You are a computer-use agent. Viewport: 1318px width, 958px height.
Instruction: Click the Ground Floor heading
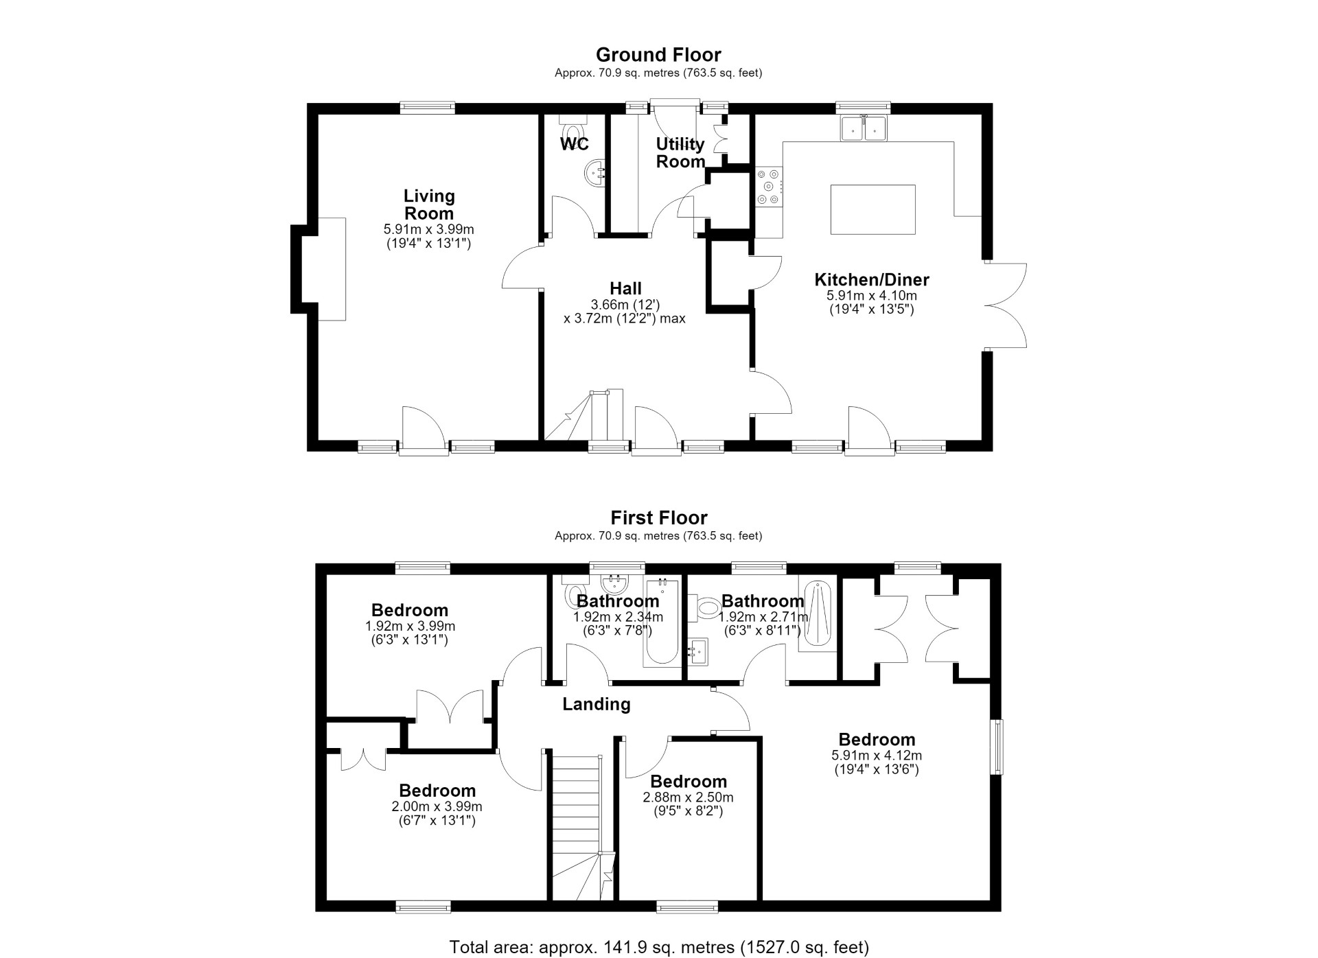(x=658, y=55)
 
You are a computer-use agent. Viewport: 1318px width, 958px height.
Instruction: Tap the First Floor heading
(x=659, y=517)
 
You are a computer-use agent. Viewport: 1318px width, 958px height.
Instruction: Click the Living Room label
(x=429, y=205)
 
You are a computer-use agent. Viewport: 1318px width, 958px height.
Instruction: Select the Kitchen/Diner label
(x=872, y=280)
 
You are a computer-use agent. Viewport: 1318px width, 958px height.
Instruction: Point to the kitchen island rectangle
(x=873, y=209)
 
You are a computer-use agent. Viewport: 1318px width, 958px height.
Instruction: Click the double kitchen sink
(x=865, y=128)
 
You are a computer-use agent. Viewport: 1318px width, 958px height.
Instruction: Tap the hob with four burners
(x=770, y=187)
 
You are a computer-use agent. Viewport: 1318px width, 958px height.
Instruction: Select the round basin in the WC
(x=595, y=174)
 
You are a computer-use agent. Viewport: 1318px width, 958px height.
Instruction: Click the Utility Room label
(x=680, y=153)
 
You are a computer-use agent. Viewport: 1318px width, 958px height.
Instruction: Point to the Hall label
(x=625, y=289)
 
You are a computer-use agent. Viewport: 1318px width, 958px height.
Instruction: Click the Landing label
(x=596, y=704)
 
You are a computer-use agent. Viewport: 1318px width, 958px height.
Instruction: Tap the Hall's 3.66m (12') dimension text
(x=625, y=305)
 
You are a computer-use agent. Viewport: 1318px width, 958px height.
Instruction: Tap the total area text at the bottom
(x=659, y=948)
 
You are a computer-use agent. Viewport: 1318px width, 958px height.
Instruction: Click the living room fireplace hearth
(x=331, y=268)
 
